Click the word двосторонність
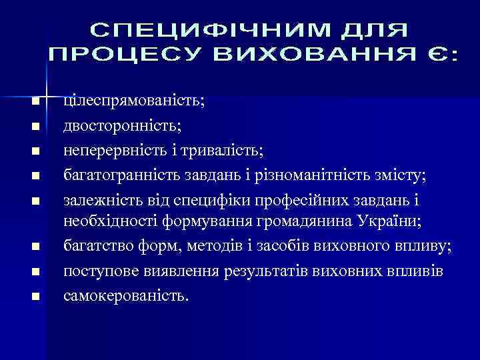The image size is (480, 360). click(125, 125)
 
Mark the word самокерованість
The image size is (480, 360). click(126, 295)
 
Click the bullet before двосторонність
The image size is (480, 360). click(36, 126)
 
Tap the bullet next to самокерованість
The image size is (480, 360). click(36, 296)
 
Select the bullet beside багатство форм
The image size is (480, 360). click(36, 247)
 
